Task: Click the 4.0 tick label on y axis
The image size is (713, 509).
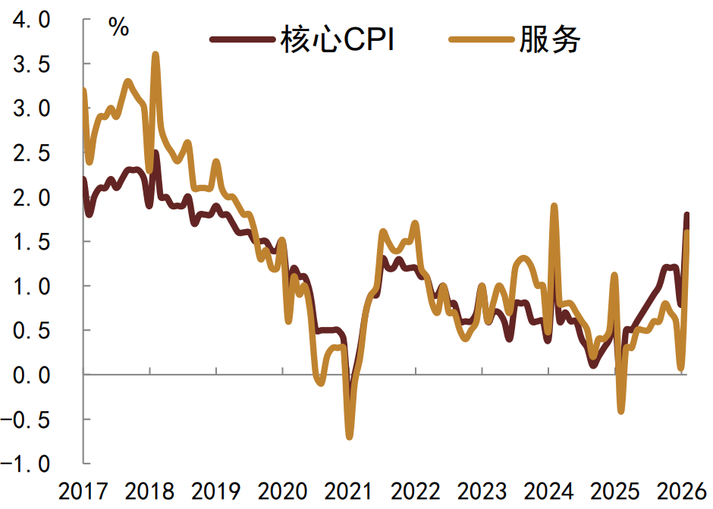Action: point(31,20)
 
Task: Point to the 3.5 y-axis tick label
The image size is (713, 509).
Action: point(31,65)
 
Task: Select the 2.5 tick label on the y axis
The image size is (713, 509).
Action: point(31,154)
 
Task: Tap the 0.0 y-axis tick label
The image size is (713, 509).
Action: point(31,375)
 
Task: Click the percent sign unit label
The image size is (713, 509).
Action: point(119,28)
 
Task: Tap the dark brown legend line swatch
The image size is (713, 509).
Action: point(242,41)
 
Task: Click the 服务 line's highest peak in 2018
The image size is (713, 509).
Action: point(155,55)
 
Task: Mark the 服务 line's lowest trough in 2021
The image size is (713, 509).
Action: point(350,436)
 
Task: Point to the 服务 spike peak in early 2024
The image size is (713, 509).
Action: point(554,206)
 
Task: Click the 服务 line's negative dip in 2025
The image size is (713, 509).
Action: point(621,411)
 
